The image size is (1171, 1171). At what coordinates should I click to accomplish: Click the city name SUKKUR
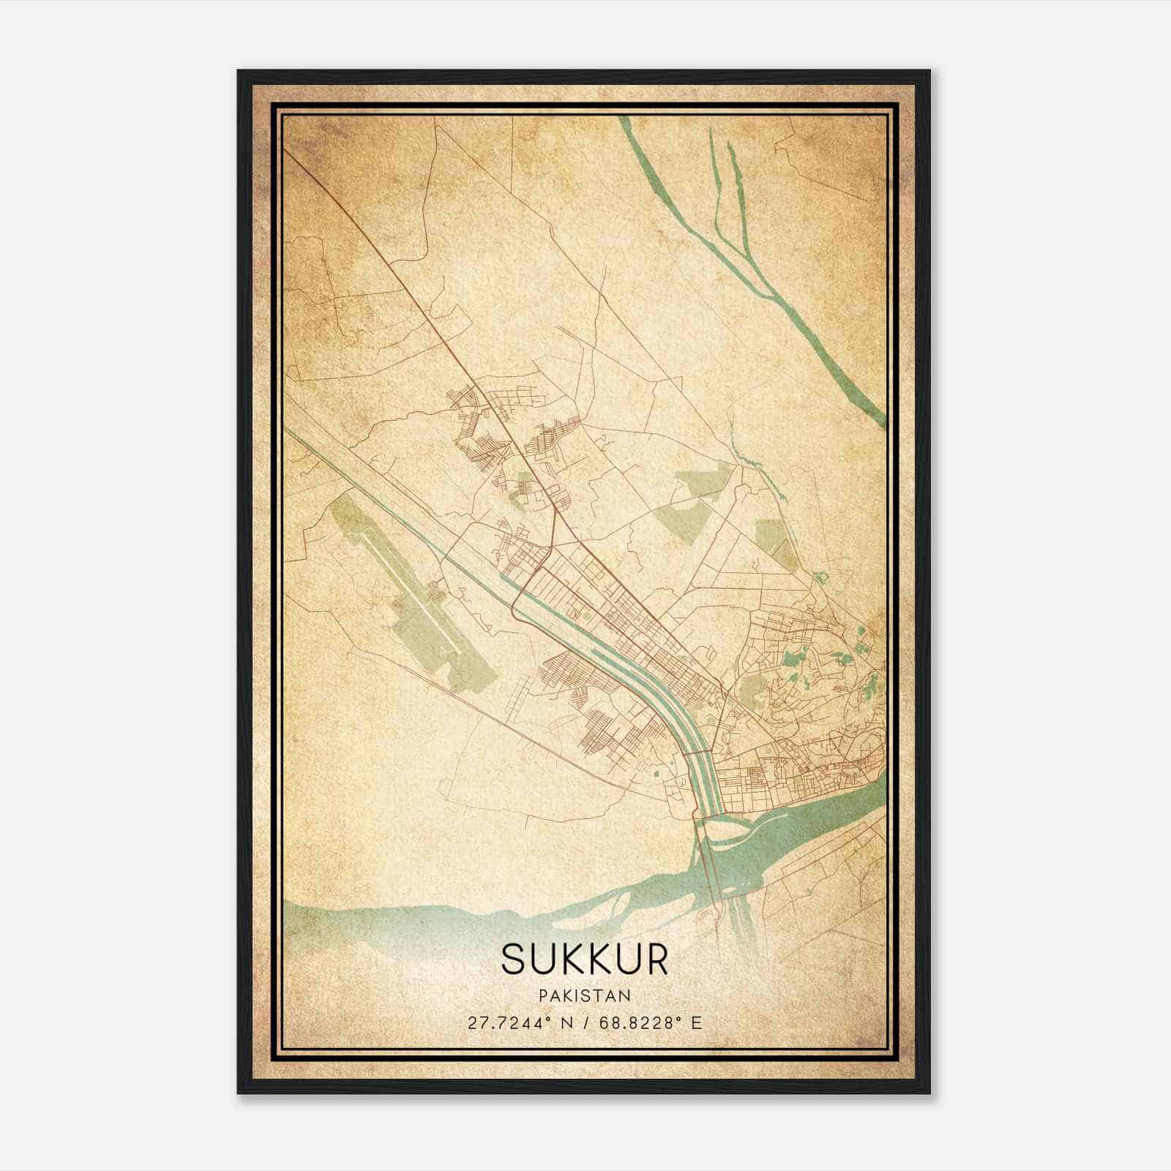[x=585, y=959]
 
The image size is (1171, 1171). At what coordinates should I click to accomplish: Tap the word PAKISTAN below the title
[x=585, y=995]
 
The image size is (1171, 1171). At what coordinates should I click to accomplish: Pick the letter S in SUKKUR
[x=514, y=959]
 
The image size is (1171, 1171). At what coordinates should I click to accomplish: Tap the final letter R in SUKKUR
[x=656, y=959]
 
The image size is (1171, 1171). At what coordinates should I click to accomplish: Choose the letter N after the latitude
[x=564, y=1022]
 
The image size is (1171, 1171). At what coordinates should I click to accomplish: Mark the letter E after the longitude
[x=696, y=1022]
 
